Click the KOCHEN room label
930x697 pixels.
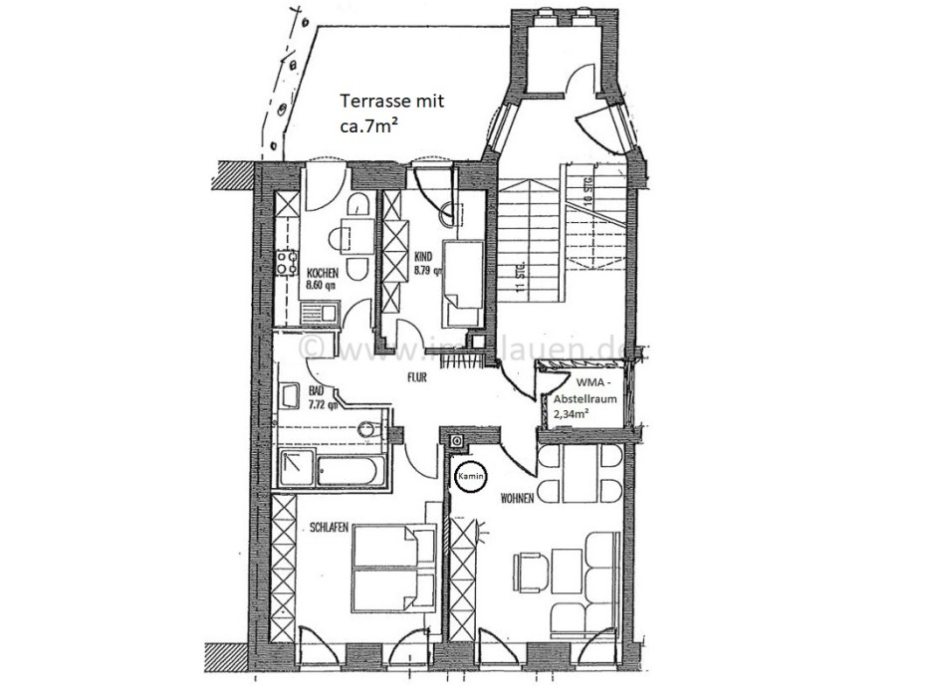pos(323,273)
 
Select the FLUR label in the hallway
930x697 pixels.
pos(416,377)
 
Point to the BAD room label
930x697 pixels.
pos(317,391)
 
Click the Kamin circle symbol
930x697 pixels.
pos(470,477)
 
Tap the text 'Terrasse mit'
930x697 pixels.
pos(391,101)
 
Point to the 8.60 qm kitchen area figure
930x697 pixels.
pos(323,286)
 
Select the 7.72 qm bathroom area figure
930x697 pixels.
pos(322,405)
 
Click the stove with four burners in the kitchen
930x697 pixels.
pos(287,265)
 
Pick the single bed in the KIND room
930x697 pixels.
pos(463,281)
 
